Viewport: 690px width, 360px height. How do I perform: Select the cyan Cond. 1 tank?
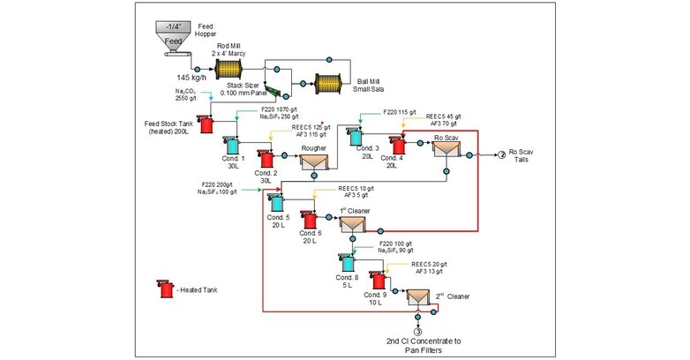click(235, 144)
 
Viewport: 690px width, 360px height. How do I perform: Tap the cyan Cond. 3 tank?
click(357, 135)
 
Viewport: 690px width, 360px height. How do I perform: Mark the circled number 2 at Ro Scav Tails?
click(499, 154)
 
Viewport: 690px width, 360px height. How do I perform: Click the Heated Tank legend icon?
click(161, 289)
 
